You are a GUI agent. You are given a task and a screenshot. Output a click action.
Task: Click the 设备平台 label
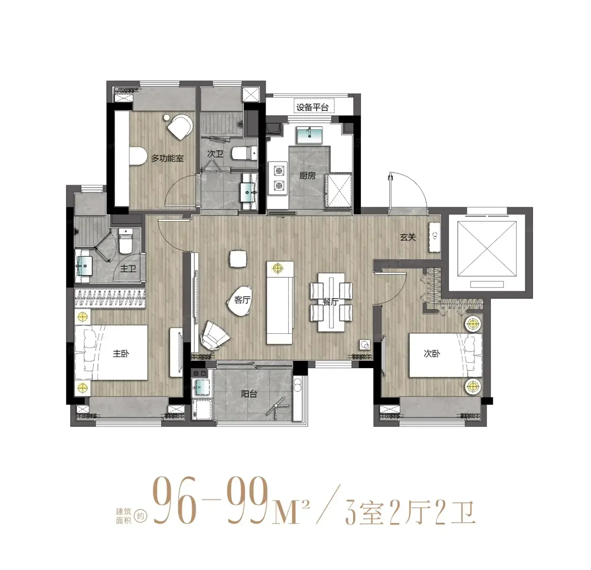[312, 107]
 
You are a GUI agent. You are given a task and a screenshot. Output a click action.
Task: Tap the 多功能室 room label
[167, 158]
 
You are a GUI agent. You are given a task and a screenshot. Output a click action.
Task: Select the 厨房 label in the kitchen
[307, 175]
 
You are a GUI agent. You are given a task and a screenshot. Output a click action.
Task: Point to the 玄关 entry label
[407, 237]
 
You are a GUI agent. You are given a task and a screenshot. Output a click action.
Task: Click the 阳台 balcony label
[249, 394]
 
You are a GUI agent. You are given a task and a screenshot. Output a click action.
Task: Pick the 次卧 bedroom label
[431, 353]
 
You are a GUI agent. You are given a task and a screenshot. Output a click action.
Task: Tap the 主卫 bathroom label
[128, 268]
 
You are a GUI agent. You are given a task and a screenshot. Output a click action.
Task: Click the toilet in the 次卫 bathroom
[244, 153]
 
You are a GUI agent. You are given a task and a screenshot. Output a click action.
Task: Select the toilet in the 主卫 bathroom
[126, 241]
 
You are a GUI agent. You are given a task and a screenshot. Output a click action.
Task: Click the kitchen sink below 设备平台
[309, 135]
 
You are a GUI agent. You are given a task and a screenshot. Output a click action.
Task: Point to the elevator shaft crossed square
[487, 249]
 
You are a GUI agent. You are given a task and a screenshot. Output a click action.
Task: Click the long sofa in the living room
[280, 303]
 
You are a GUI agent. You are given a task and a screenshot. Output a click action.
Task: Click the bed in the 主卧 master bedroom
[111, 353]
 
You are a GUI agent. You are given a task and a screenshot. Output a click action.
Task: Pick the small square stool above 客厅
[238, 258]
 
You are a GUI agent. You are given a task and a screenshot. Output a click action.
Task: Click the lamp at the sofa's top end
[277, 268]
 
